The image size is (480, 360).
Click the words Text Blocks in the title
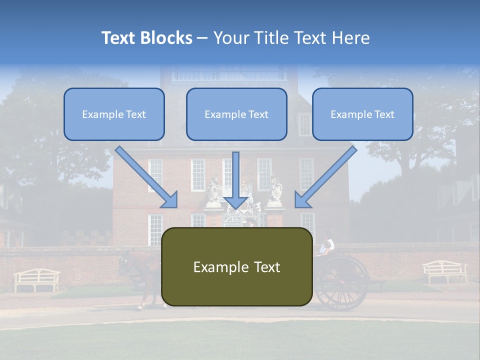pyautogui.click(x=146, y=38)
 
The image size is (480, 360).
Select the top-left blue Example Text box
pyautogui.click(x=114, y=114)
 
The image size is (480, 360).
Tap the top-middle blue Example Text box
pyautogui.click(x=236, y=114)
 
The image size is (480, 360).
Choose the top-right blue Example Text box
pyautogui.click(x=362, y=114)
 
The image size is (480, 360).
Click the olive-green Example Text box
pyautogui.click(x=236, y=267)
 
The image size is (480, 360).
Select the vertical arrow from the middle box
pyautogui.click(x=236, y=180)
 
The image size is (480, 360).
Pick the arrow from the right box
pyautogui.click(x=325, y=177)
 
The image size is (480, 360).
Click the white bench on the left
pyautogui.click(x=36, y=279)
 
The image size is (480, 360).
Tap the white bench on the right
pyautogui.click(x=444, y=271)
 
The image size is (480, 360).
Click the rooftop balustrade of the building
pyautogui.click(x=229, y=75)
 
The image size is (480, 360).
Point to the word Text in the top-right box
pyautogui.click(x=384, y=114)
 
